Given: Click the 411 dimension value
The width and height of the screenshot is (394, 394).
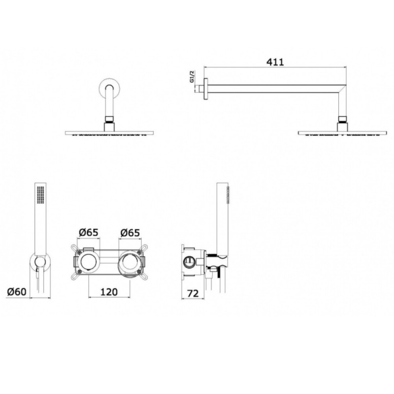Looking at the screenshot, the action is pos(275,62).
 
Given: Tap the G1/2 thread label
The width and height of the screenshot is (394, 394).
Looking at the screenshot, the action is pos(192,77).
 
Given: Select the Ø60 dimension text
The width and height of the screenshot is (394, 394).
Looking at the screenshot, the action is pos(17,292).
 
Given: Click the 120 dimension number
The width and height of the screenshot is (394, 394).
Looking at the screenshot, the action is pos(109,292).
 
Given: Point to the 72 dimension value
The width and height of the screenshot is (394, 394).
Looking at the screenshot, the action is pos(193,293).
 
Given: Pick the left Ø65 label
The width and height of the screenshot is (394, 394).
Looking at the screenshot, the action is pos(89,232).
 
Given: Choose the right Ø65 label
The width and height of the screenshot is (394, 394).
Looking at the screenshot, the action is pos(130,232).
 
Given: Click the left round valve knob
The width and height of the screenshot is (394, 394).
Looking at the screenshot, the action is pos(89,262).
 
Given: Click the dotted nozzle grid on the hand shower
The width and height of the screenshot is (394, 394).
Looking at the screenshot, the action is pos(40,195).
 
